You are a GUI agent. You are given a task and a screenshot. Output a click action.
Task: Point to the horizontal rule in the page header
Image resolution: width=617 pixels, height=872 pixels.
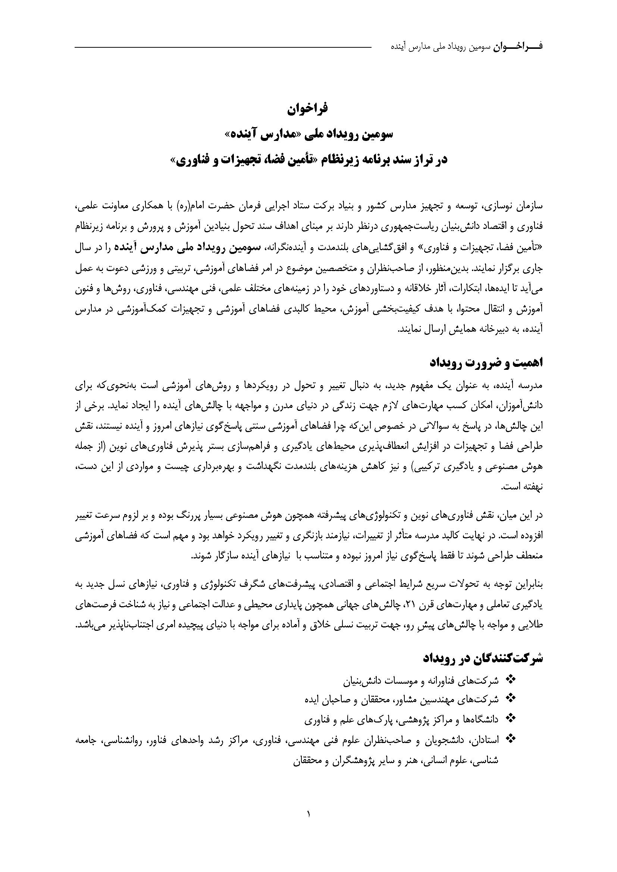point(223,47)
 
